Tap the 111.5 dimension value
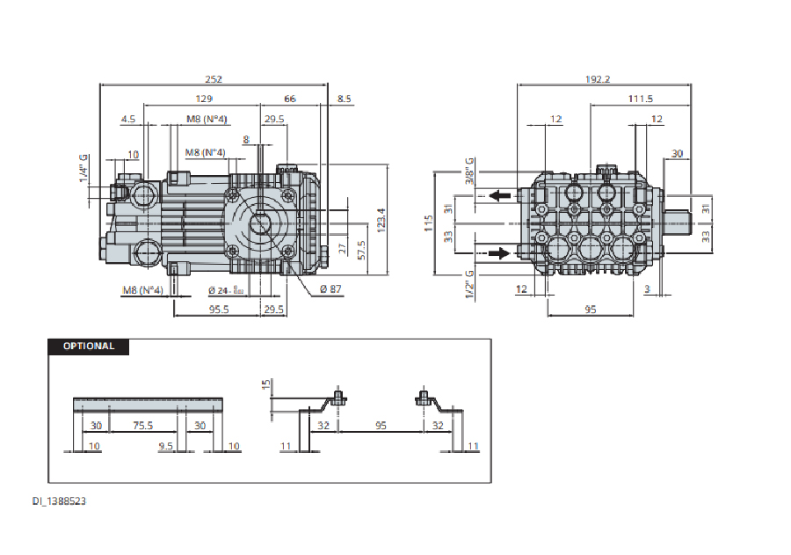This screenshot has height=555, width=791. coord(640,99)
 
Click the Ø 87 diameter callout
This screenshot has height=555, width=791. coord(331,289)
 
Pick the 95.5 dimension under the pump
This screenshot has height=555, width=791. coord(218,310)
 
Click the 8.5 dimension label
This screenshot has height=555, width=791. coord(344,99)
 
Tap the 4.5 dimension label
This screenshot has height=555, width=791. coord(128,119)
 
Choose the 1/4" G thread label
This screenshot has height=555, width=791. coord(84,169)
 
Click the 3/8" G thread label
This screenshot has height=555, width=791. coord(470,172)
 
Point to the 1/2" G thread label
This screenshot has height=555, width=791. coord(470,284)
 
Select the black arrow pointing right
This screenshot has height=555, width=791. coord(499,253)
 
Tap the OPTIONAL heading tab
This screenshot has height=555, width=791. coord(88,347)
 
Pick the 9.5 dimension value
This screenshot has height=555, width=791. coord(164,447)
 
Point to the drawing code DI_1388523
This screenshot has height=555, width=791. coord(61,500)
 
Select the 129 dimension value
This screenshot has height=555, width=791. coord(203,99)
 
